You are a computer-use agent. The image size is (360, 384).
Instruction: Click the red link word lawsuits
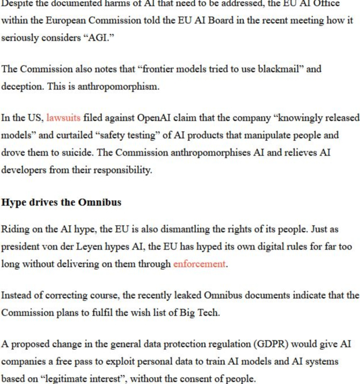(63, 118)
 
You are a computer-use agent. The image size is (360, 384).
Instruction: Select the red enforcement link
(199, 264)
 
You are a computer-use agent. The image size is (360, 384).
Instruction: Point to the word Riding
(15, 229)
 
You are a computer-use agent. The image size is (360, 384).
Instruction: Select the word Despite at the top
(17, 3)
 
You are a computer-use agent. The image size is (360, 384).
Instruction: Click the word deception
(22, 86)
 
